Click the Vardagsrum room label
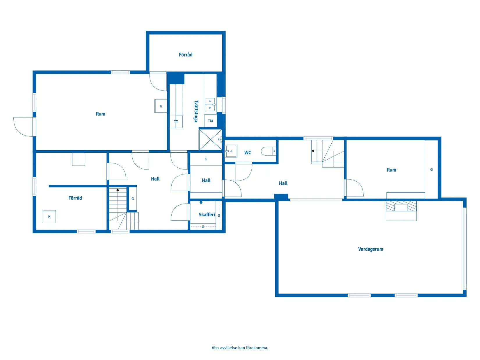370,249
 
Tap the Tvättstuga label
196,111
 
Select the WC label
248,153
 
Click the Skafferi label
207,215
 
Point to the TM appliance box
210,121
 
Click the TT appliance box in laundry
176,122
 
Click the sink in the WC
231,151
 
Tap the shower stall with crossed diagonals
210,140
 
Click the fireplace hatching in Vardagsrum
401,206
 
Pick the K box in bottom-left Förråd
49,217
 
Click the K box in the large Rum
161,106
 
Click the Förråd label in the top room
186,55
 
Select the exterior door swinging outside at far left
23,126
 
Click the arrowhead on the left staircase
118,190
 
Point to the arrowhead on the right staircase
313,151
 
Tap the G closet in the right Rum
431,170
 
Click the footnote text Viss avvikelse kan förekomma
240,347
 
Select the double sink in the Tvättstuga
210,105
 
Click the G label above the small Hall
206,159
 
